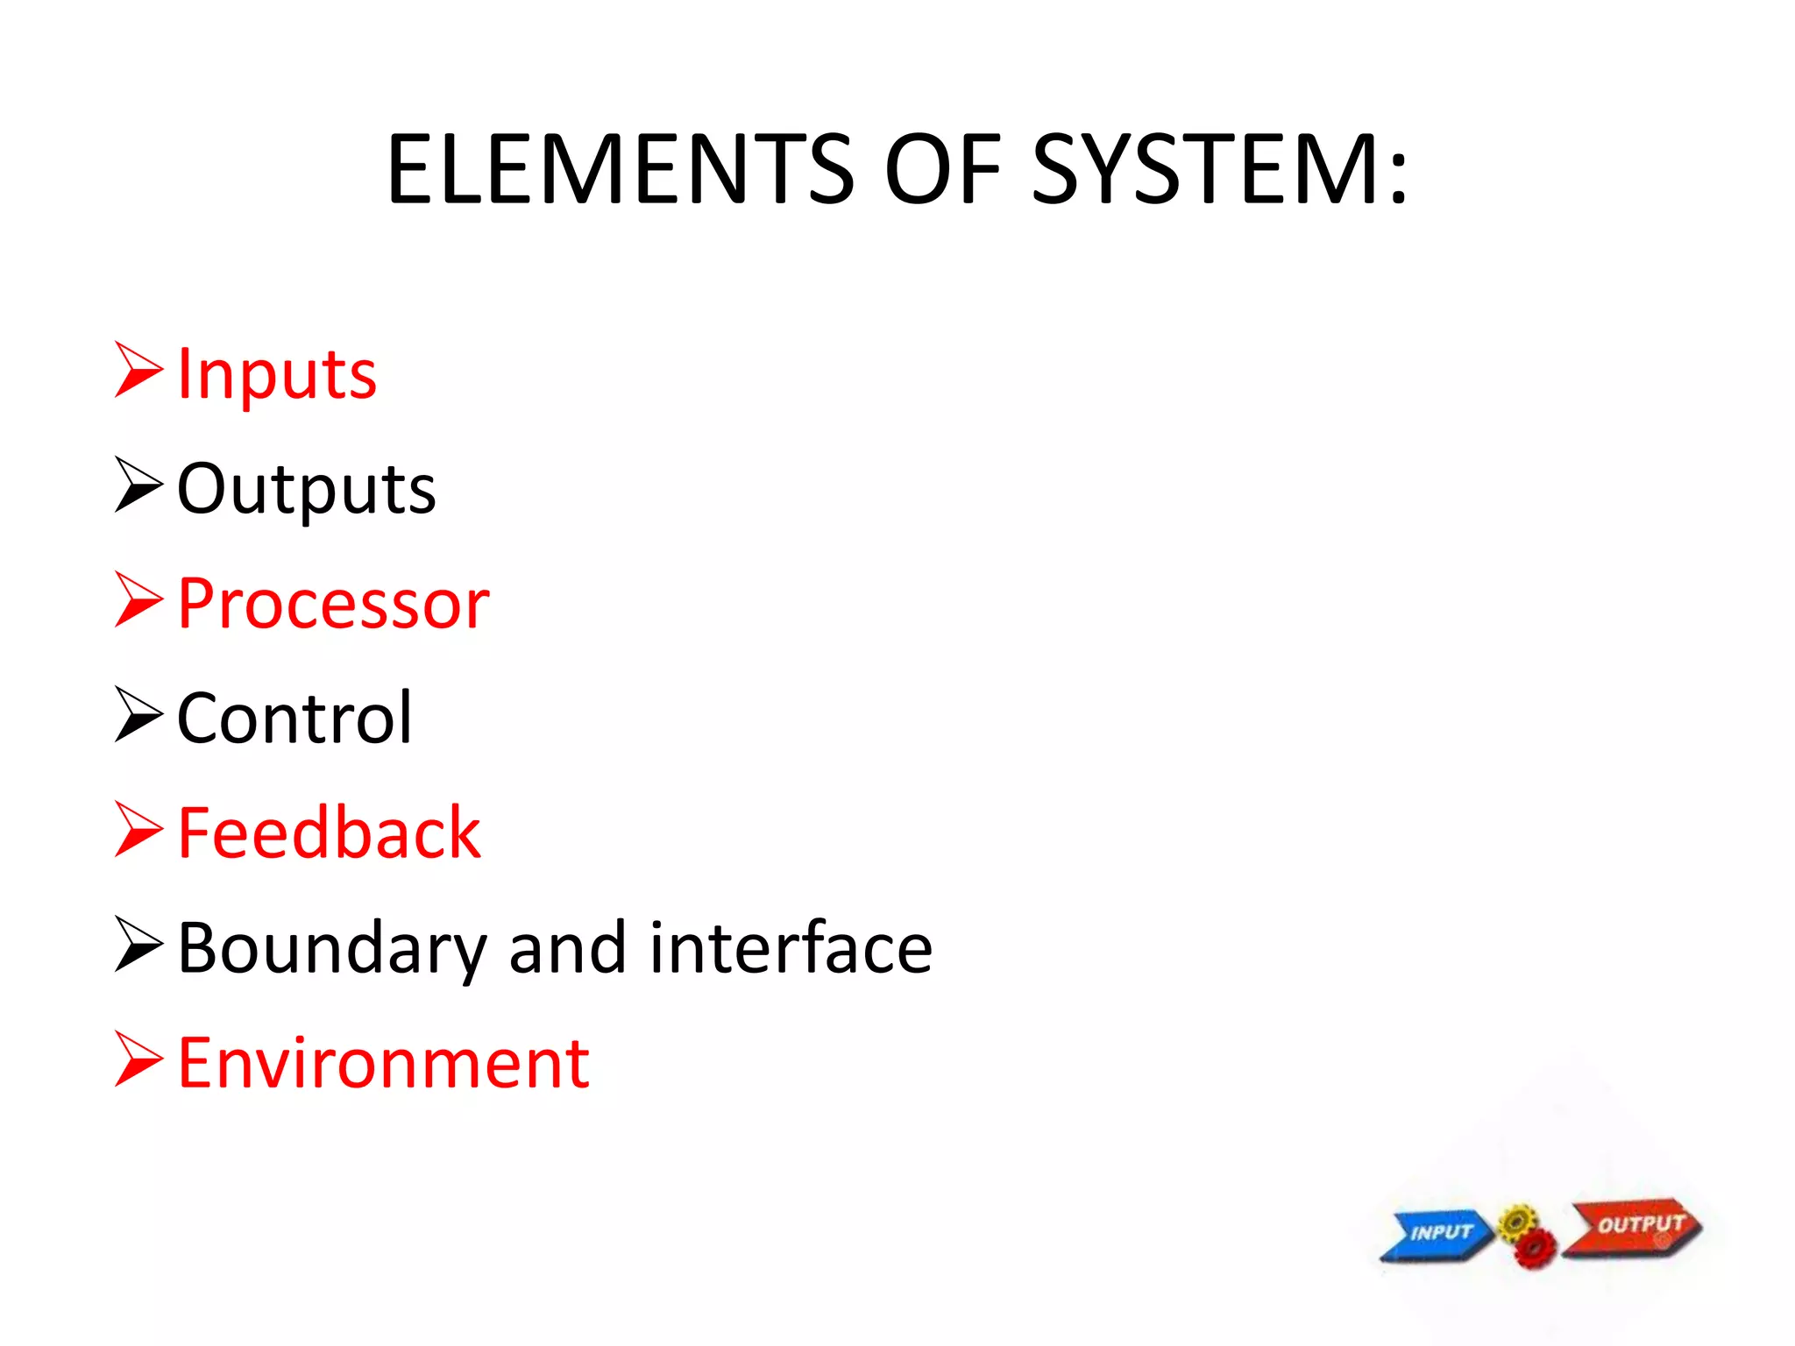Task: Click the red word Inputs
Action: tap(277, 375)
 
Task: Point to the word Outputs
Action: tap(306, 489)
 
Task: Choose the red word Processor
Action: tap(333, 604)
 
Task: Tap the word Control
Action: tap(294, 719)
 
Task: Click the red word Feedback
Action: tap(329, 833)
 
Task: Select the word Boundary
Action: tap(331, 949)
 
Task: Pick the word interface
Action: tap(791, 949)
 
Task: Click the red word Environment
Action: tap(383, 1064)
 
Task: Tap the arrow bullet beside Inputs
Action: tap(138, 371)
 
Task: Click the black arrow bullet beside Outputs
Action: tap(138, 485)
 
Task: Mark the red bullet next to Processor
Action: tap(138, 600)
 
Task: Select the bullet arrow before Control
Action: tap(138, 714)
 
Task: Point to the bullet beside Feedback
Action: tap(138, 830)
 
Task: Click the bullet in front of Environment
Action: tap(138, 1059)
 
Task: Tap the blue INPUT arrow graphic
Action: tap(1437, 1234)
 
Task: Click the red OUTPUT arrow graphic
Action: tap(1635, 1226)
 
